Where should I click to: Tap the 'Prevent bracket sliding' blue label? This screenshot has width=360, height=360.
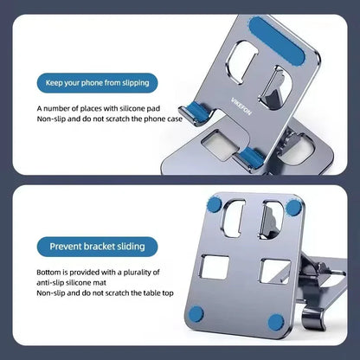pyautogui.click(x=103, y=246)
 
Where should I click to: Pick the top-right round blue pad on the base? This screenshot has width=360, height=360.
pyautogui.click(x=295, y=207)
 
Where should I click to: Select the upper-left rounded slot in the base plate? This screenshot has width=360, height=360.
pyautogui.click(x=233, y=221)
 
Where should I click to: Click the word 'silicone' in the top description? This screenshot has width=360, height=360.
pyautogui.click(x=120, y=108)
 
